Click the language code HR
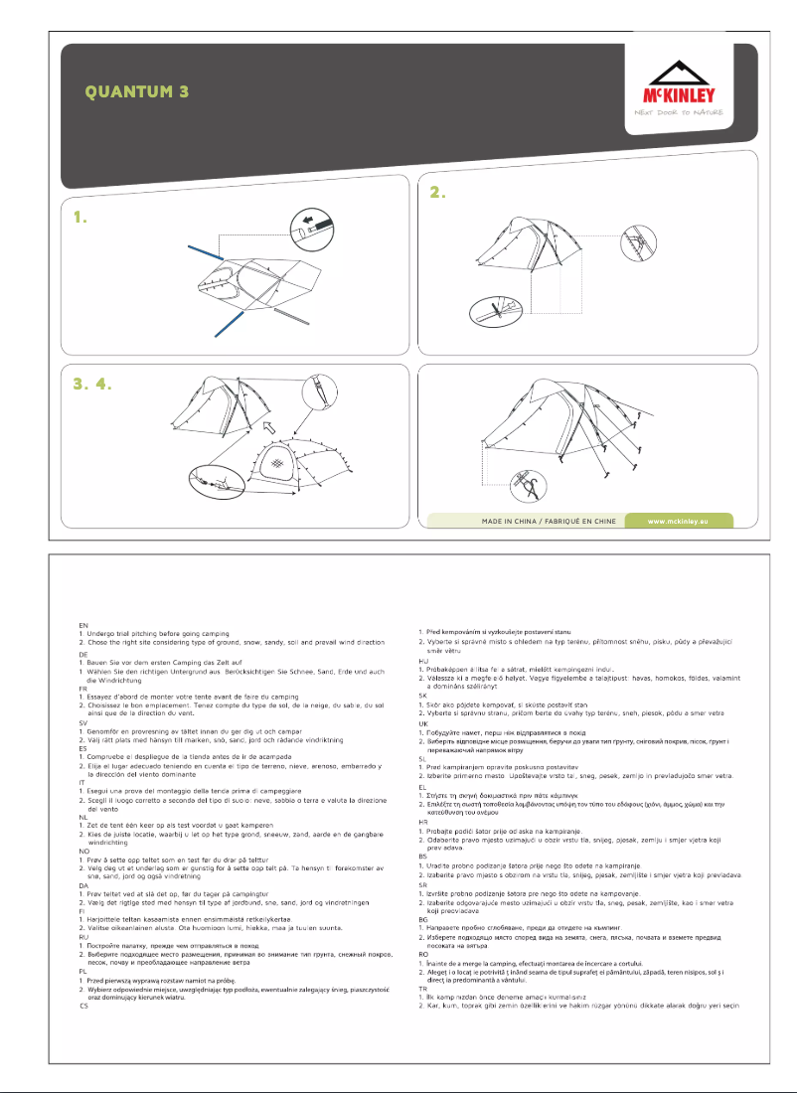click(x=421, y=821)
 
